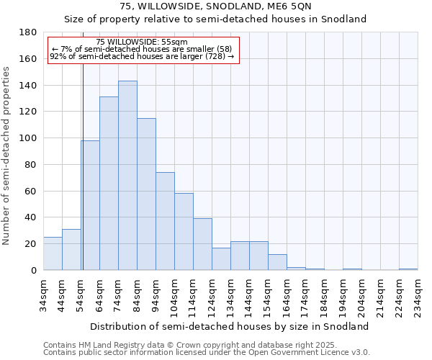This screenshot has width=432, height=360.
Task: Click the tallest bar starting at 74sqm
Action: click(127, 176)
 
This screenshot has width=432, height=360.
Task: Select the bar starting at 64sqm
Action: click(109, 184)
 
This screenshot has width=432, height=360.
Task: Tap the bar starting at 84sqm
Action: click(146, 194)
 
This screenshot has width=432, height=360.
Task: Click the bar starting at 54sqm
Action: click(90, 205)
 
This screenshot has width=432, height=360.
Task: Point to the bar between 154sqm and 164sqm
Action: click(277, 262)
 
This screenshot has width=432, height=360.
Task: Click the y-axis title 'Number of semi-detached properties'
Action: click(7, 156)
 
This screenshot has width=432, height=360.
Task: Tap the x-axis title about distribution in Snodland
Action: click(230, 326)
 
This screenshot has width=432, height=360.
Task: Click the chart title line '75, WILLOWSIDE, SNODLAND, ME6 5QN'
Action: click(216, 6)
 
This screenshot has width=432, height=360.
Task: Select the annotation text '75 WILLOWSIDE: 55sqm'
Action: click(141, 42)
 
